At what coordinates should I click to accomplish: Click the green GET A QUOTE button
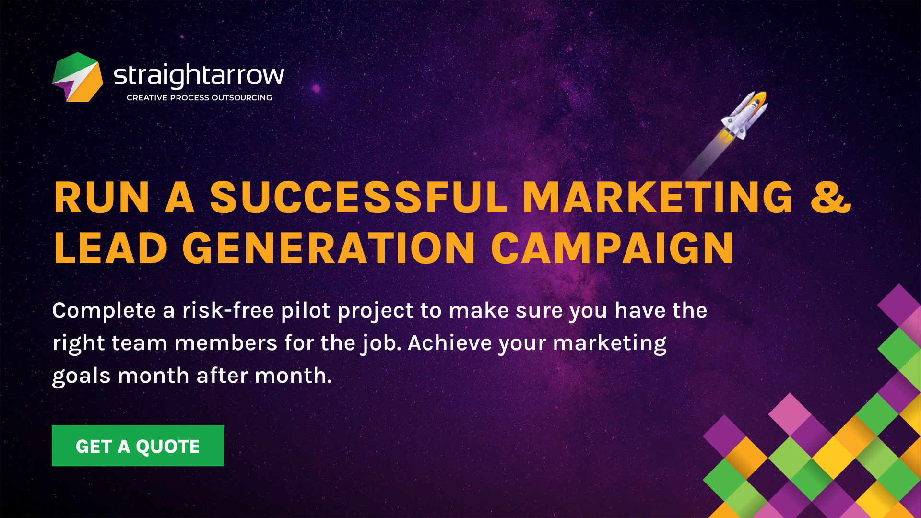point(138,446)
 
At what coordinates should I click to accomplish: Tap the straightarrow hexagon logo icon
point(78,77)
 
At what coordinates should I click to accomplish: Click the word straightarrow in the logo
point(199,75)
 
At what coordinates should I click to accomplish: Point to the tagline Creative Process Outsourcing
point(199,98)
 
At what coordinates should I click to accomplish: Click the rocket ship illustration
point(744,116)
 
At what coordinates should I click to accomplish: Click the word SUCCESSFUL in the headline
point(359,197)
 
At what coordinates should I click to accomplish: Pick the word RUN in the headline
point(102,197)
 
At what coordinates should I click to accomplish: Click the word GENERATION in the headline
point(329,248)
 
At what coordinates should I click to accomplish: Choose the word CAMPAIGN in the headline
point(613,248)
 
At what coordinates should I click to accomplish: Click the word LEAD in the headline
point(111,248)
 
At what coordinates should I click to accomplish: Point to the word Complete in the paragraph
point(104,311)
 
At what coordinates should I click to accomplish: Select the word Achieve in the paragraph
point(450,343)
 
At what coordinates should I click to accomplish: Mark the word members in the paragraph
point(226,343)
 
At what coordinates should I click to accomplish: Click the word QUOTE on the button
point(168,447)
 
